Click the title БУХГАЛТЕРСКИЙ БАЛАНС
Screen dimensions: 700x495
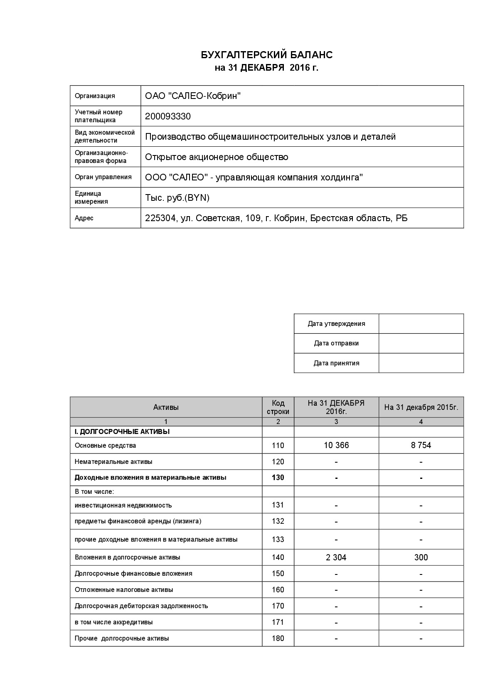266,55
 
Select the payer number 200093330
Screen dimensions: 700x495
168,116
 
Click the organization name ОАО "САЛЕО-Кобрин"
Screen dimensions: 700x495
193,96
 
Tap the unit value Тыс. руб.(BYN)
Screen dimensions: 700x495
177,198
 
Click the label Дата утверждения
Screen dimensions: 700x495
336,324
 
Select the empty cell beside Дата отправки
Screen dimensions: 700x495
421,343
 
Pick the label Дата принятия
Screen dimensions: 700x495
336,363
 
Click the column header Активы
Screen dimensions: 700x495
166,407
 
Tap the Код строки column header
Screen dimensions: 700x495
278,407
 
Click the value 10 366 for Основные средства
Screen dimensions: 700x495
336,446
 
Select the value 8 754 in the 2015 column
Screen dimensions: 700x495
421,446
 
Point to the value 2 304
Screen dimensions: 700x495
336,557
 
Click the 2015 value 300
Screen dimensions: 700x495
421,557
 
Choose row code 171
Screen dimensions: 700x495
278,622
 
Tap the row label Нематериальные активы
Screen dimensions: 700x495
113,462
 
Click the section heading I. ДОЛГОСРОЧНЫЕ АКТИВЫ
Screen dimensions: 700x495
122,432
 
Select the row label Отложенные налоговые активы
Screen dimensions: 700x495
124,590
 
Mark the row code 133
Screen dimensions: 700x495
278,540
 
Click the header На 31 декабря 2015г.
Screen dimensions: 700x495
421,407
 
